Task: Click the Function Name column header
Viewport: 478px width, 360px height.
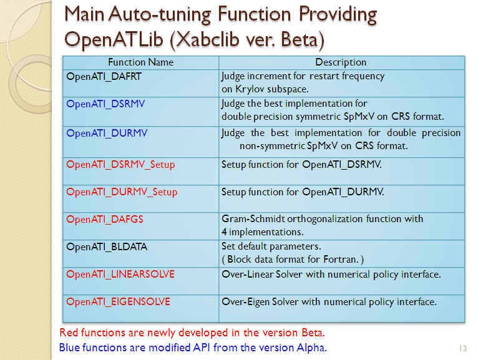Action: tap(140, 62)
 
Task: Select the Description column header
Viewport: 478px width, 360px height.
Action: tap(341, 62)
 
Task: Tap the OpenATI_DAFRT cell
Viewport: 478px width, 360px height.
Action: tap(104, 77)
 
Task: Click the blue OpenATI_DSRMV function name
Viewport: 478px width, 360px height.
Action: tap(105, 104)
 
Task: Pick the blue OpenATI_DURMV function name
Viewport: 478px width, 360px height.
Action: tap(107, 134)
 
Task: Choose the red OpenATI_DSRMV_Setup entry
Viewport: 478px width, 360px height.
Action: tap(120, 165)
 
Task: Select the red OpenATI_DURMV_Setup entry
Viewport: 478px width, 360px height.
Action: tap(122, 192)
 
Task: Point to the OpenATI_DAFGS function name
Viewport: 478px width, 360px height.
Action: tap(105, 220)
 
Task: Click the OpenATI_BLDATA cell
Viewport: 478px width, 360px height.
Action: tap(107, 247)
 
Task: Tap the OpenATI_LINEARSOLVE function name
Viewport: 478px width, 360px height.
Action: tap(120, 275)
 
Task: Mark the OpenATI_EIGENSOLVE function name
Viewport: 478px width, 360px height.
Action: tap(118, 302)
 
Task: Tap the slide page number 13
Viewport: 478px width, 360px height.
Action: tap(463, 348)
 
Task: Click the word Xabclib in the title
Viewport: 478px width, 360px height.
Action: tap(208, 40)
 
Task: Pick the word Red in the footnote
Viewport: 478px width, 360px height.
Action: tap(69, 333)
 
